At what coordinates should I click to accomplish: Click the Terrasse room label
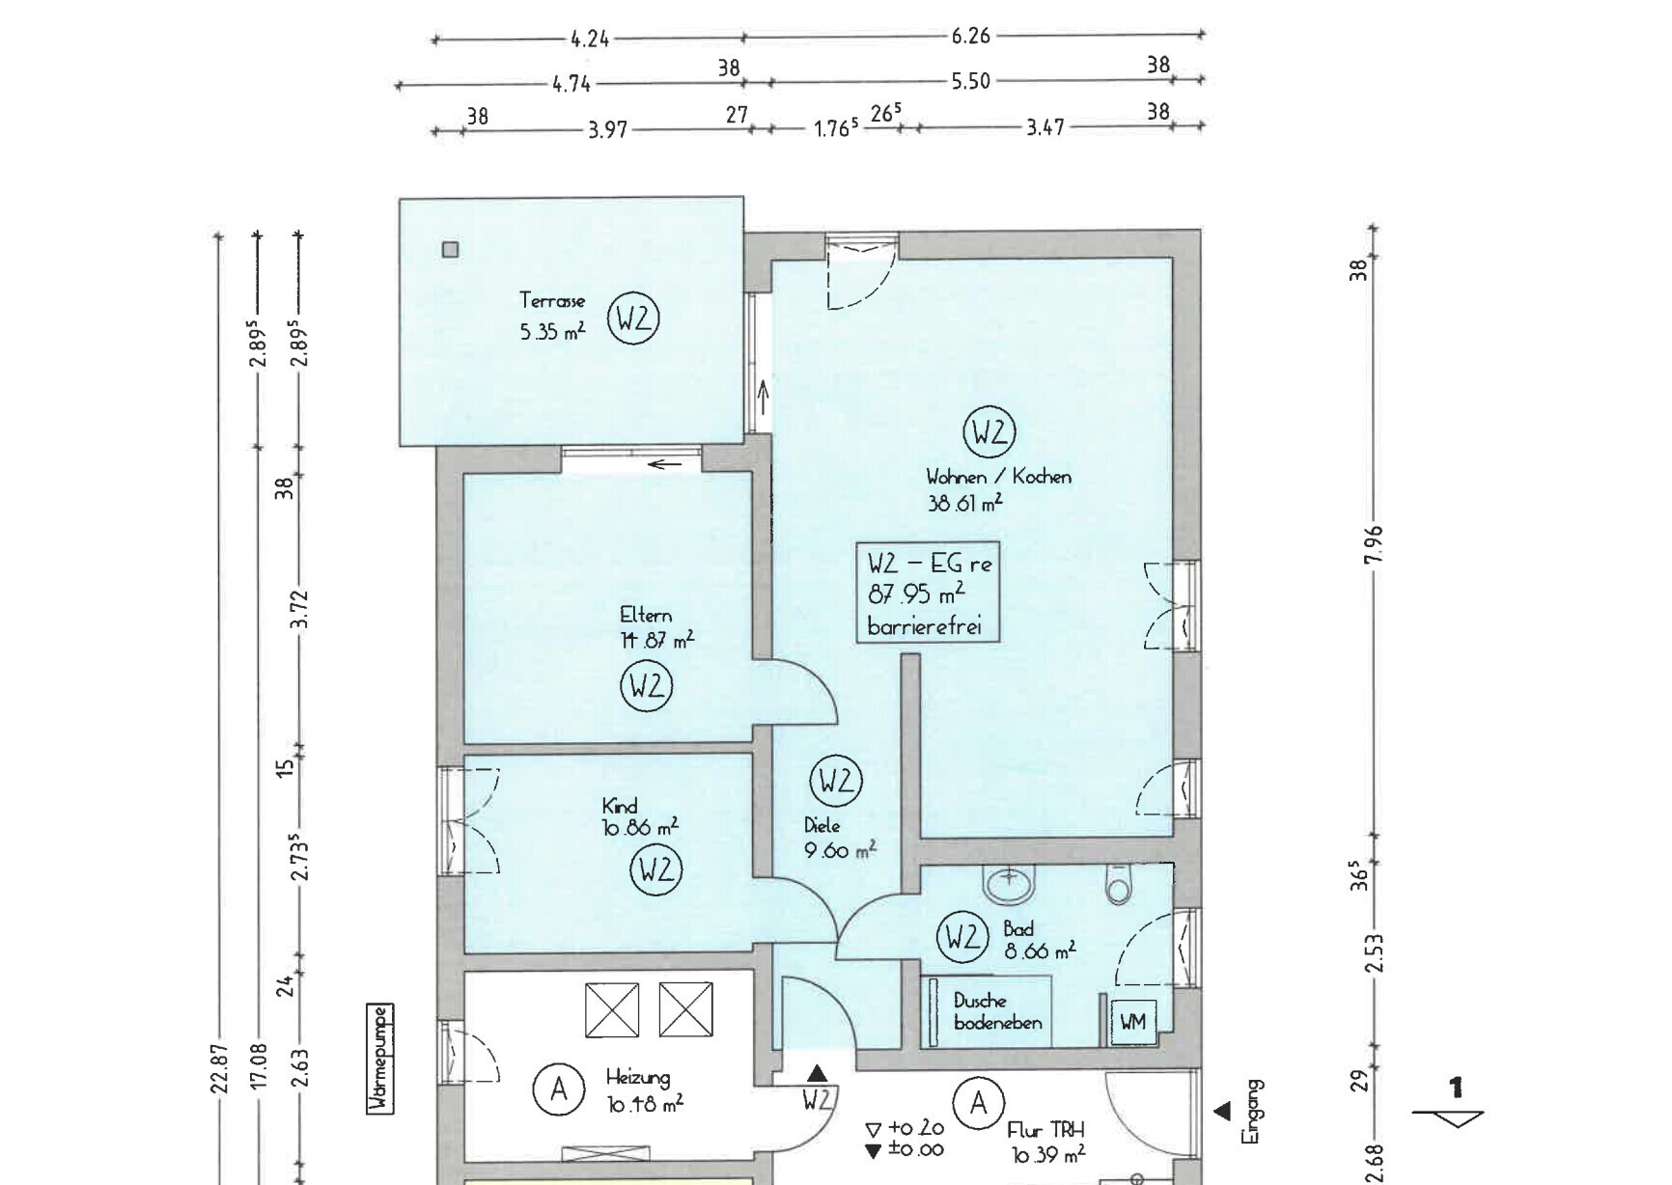(552, 300)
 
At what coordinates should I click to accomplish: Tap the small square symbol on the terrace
(450, 250)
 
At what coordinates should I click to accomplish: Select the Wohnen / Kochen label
(998, 477)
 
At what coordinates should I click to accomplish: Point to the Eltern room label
(645, 615)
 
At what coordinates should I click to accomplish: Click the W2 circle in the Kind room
(656, 869)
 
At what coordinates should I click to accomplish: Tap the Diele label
(822, 826)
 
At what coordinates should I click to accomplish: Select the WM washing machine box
(1132, 1021)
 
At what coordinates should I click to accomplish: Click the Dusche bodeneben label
(997, 1011)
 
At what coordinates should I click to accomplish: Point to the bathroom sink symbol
(1009, 882)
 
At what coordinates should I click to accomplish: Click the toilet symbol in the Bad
(1119, 885)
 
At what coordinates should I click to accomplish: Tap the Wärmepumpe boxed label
(381, 1060)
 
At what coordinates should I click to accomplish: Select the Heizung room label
(637, 1078)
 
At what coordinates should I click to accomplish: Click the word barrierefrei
(925, 626)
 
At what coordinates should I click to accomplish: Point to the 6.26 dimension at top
(970, 36)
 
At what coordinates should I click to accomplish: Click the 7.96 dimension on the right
(1377, 545)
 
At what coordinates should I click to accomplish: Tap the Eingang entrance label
(1252, 1112)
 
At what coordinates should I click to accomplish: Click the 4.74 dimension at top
(571, 84)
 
